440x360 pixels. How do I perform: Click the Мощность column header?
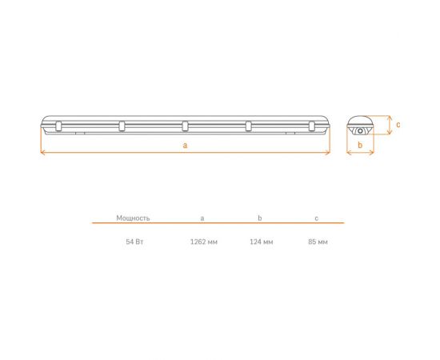tap(133, 218)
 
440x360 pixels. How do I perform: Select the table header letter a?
tap(202, 218)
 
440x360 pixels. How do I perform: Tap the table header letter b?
tap(260, 218)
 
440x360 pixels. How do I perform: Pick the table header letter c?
tap(317, 218)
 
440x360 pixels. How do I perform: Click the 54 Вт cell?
tap(134, 242)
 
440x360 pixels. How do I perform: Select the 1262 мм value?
tap(204, 242)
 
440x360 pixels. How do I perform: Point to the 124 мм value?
tap(262, 242)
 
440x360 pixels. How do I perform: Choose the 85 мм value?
tap(318, 242)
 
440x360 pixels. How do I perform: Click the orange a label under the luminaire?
tap(185, 146)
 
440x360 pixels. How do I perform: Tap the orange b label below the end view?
tap(360, 145)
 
